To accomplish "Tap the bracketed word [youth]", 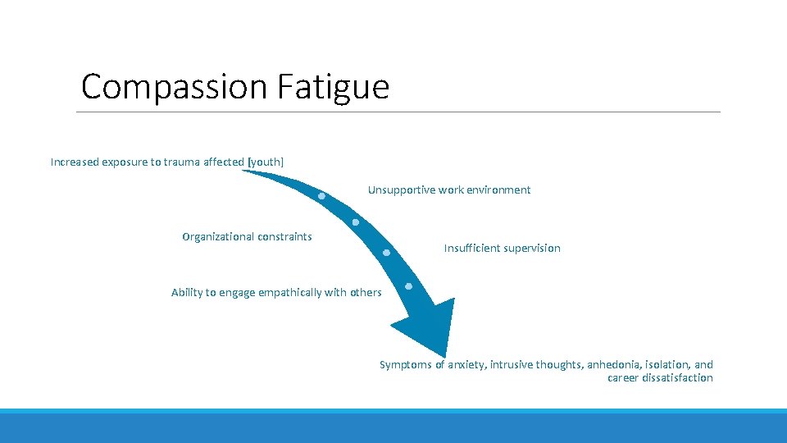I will coord(266,162).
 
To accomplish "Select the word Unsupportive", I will coord(401,190).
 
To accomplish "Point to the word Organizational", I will coord(219,237).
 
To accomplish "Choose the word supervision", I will coord(532,248).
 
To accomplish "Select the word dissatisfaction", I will coord(676,378).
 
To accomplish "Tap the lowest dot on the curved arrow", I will coord(408,286).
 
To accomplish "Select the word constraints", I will coord(284,237).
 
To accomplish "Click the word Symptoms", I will coord(405,364).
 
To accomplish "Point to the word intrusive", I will coord(512,364).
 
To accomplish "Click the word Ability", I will coord(185,293).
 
